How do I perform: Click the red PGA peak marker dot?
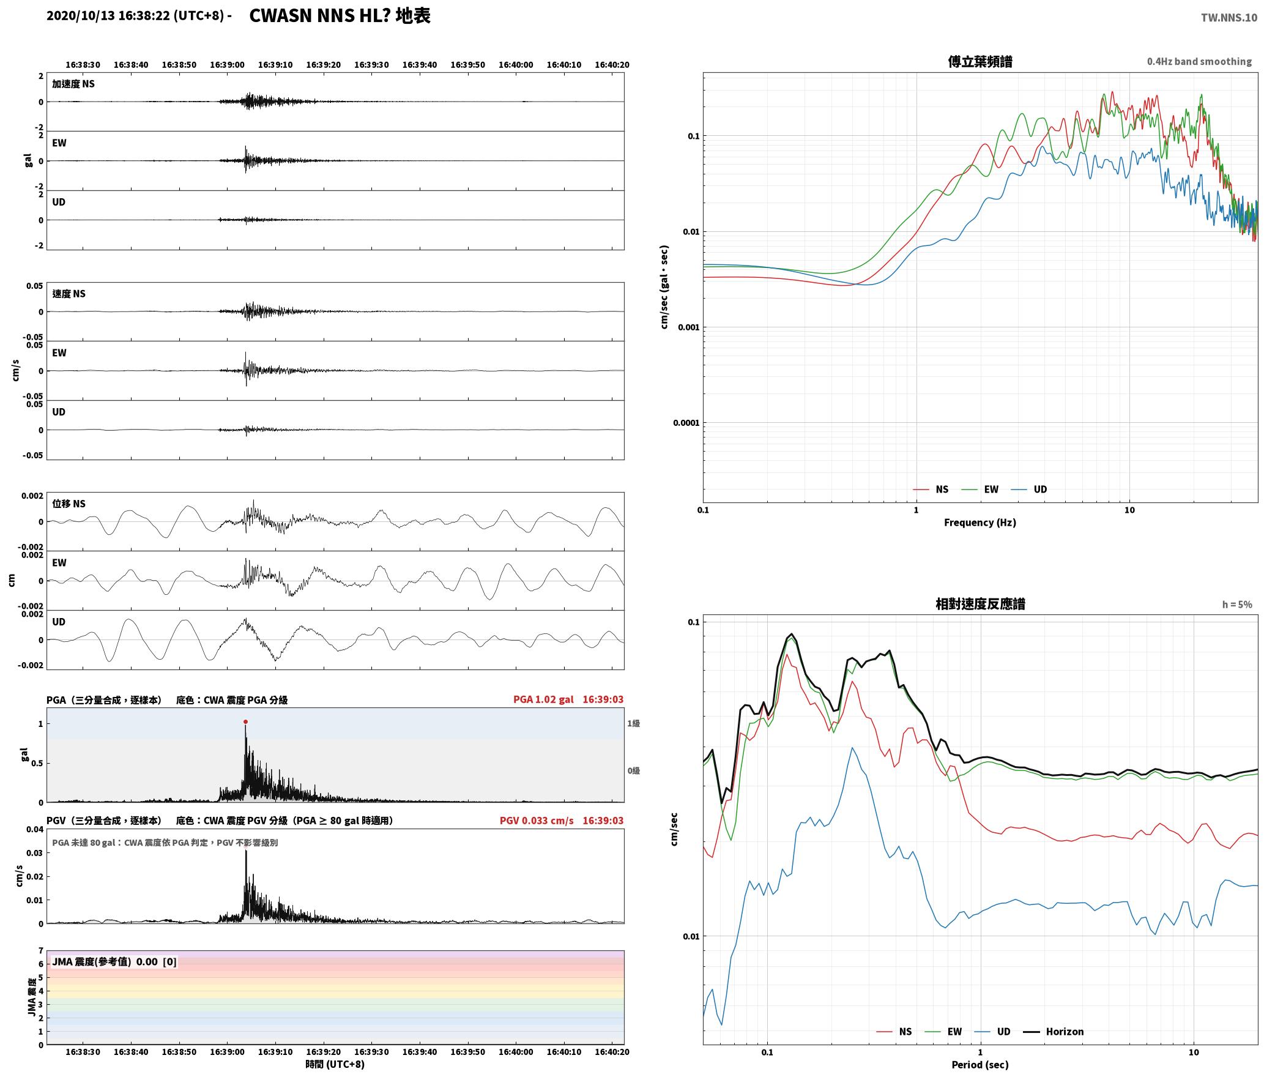point(245,722)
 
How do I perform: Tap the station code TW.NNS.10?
point(1229,18)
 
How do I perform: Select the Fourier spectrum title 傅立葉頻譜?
point(980,62)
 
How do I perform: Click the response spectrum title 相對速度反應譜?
point(980,604)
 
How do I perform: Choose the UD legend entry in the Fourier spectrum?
point(1029,490)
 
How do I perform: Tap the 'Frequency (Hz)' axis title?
point(980,523)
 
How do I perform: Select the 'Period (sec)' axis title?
point(980,1065)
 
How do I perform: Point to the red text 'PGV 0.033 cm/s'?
point(537,821)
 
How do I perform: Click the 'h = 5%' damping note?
point(1237,605)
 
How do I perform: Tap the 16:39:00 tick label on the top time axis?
point(227,65)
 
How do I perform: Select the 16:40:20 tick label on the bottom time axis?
point(612,1052)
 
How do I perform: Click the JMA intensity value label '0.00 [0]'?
point(156,962)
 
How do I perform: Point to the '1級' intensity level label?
point(633,724)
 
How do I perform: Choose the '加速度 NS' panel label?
point(73,84)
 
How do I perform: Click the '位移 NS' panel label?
point(69,504)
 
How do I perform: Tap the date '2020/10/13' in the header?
point(80,17)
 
